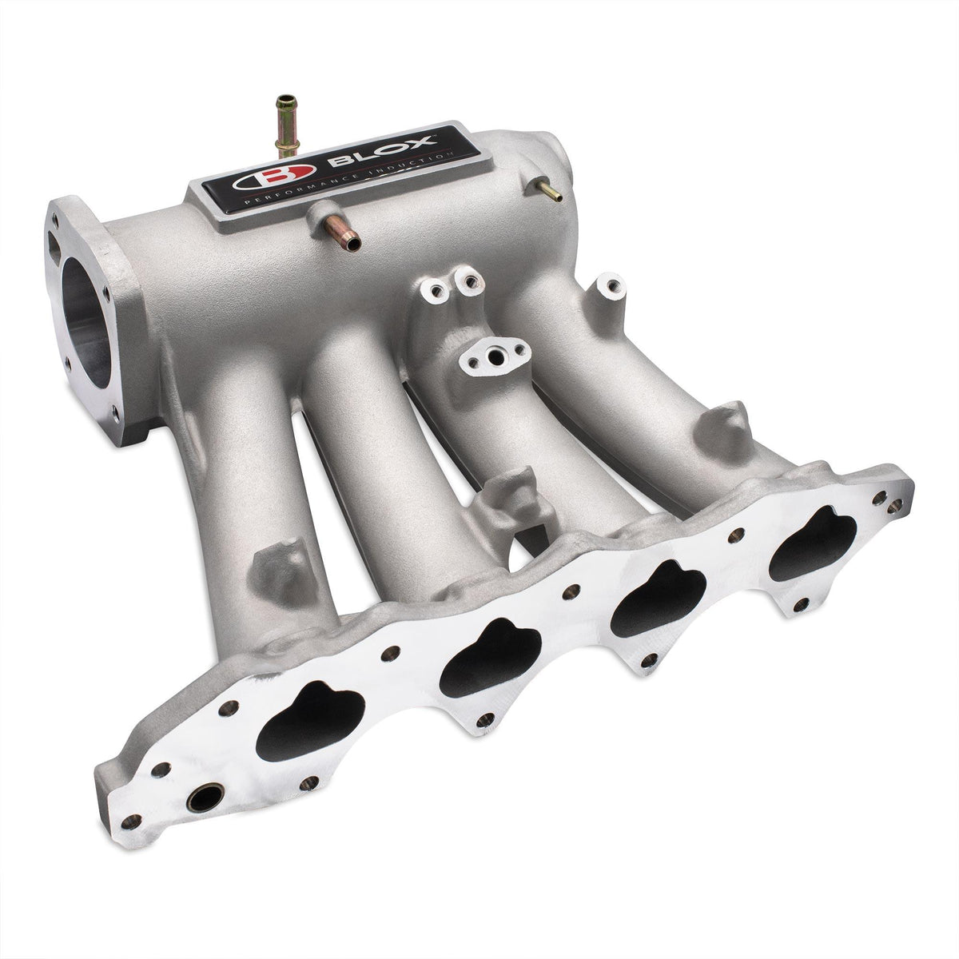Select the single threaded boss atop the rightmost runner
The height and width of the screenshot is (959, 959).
[x=605, y=293]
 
